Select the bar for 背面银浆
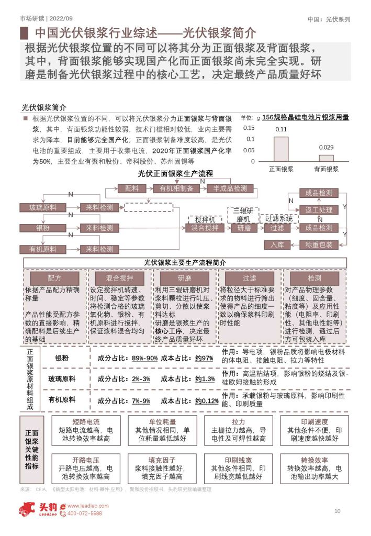click(x=326, y=158)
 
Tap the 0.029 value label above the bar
click(x=326, y=148)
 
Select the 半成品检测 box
click(x=230, y=188)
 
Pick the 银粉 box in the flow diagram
click(x=42, y=228)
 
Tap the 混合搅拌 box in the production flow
click(x=205, y=228)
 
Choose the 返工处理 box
click(x=319, y=210)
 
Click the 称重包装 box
click(x=319, y=244)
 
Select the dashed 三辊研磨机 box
click(x=242, y=215)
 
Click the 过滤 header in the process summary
click(x=249, y=278)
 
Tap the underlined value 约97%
click(x=204, y=358)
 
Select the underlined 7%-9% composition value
click(x=141, y=401)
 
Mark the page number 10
click(x=338, y=511)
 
